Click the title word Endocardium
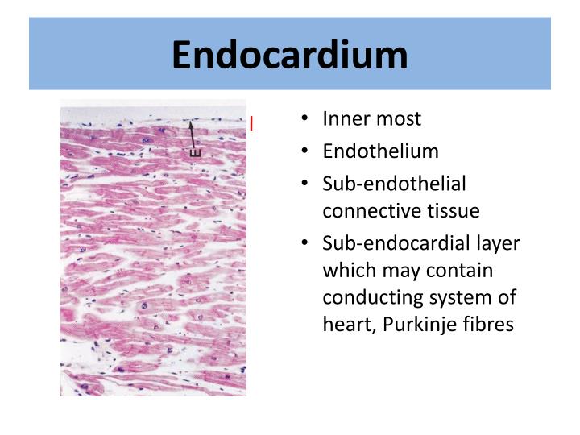point(290,56)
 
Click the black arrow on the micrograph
point(192,134)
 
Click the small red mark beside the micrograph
point(251,123)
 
